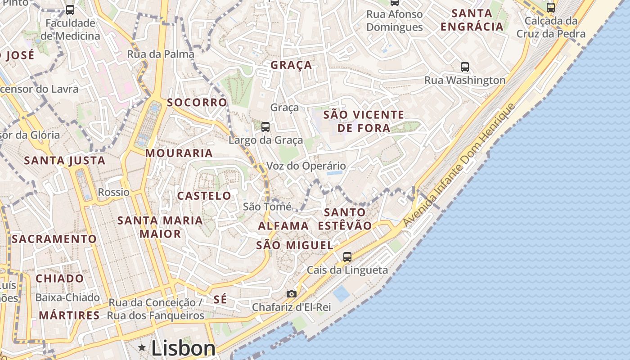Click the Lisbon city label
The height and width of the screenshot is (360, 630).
[184, 348]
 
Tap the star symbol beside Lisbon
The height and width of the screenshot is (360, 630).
[142, 347]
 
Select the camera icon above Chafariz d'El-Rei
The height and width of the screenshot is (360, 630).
[292, 294]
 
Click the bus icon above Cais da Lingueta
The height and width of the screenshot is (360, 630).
[347, 257]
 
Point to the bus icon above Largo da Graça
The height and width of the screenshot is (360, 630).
[265, 127]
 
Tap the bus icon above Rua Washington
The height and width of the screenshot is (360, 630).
[465, 67]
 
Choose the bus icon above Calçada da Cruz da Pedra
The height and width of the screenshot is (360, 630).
[551, 7]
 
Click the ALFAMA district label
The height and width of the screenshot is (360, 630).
[283, 226]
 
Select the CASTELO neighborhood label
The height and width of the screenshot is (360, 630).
[204, 196]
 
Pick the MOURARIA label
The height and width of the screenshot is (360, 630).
[179, 153]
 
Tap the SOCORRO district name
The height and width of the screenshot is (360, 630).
[197, 102]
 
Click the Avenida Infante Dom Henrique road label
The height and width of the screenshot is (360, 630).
[459, 165]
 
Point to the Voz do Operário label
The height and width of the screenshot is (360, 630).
[306, 166]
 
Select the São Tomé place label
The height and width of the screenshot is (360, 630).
[267, 207]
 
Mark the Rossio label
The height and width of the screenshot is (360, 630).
[114, 192]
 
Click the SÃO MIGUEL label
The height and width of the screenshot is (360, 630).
[295, 245]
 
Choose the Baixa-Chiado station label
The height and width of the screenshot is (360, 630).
[67, 297]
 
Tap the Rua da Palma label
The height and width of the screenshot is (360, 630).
[161, 54]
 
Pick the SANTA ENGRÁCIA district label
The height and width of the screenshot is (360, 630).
[472, 20]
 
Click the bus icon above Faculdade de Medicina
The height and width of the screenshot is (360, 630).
[70, 9]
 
